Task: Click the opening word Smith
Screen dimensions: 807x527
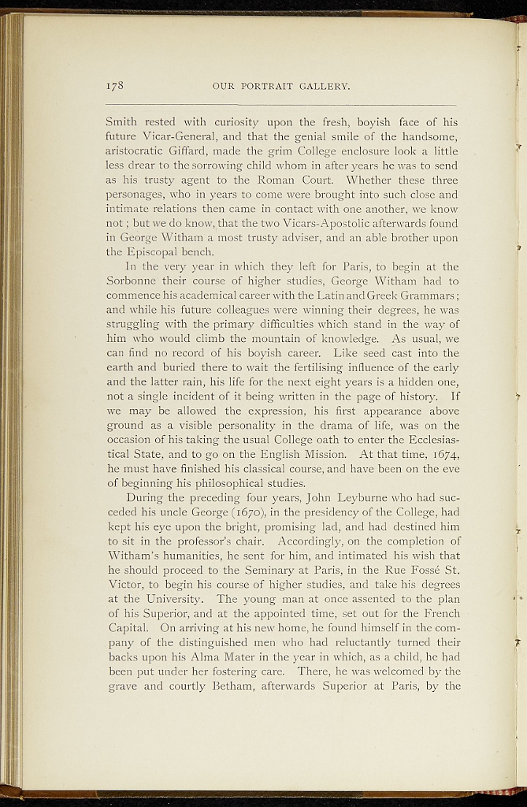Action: coord(121,122)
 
